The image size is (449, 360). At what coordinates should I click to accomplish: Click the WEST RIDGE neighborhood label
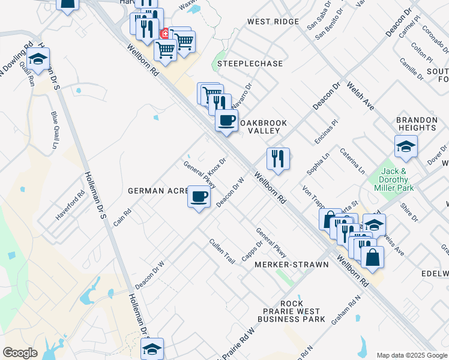point(273,22)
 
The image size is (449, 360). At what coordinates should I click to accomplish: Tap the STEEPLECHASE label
point(241,63)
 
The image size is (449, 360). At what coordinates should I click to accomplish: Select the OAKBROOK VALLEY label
point(264,127)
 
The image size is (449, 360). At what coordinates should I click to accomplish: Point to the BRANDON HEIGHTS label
point(416,124)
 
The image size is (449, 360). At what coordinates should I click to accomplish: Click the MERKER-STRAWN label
point(292,265)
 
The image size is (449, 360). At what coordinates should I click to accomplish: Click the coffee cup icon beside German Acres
point(199,196)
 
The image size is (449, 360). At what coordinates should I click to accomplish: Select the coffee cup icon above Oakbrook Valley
point(226,119)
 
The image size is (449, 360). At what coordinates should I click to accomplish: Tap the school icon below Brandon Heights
point(406,146)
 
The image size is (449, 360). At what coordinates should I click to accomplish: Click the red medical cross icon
point(164,34)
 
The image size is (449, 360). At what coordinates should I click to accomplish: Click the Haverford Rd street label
point(71,205)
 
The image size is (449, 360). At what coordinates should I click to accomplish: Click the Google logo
point(20,353)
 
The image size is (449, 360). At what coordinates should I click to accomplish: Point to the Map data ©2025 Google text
point(411,355)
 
